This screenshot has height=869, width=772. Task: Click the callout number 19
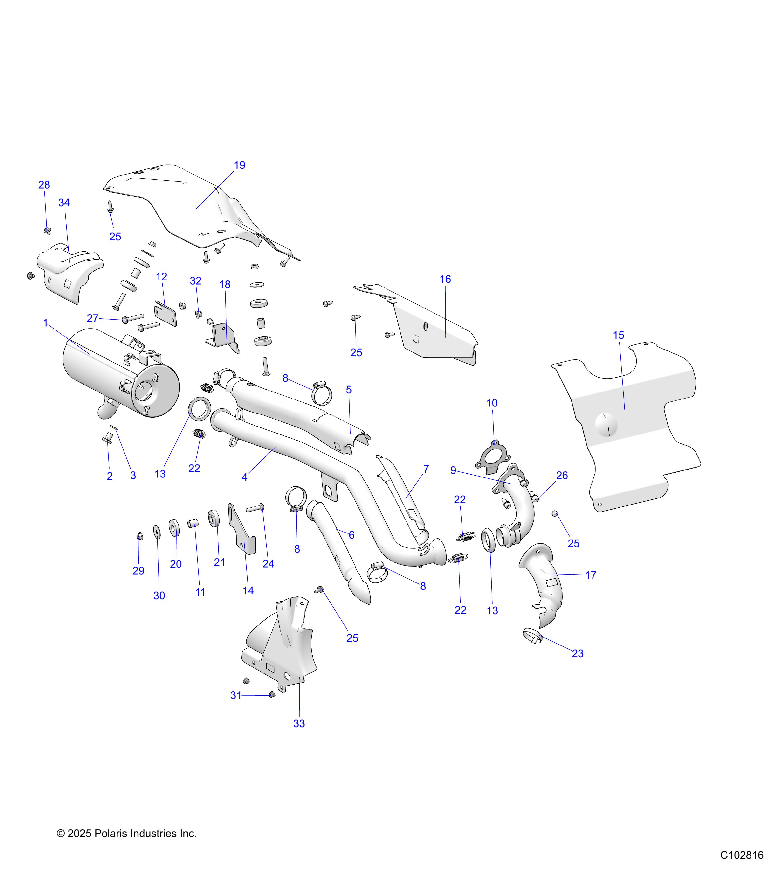pos(240,165)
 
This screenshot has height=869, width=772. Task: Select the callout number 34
pos(64,203)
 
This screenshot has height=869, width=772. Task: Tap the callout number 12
pos(161,277)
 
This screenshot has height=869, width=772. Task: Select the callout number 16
pos(445,279)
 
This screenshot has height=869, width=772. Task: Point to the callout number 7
pos(426,469)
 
